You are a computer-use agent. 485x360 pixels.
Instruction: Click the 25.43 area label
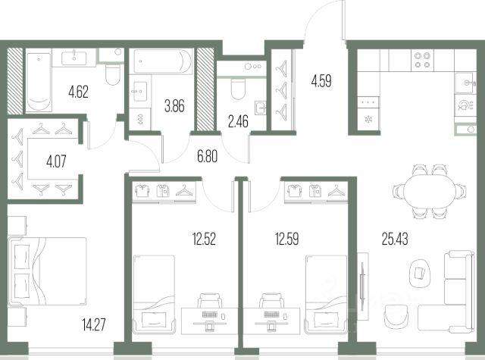395,239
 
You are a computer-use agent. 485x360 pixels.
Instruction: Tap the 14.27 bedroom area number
94,324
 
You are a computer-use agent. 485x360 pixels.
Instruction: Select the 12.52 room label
204,239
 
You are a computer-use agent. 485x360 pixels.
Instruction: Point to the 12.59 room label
286,239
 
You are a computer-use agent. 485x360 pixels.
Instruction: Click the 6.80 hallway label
207,156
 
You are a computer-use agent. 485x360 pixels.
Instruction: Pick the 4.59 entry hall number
321,81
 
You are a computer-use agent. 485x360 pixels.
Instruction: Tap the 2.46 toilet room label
238,121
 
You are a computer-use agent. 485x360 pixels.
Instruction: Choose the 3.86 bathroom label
174,106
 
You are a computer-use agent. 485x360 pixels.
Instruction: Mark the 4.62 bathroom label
79,92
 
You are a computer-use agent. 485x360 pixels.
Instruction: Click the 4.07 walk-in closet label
56,161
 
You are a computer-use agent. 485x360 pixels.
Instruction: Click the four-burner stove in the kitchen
422,60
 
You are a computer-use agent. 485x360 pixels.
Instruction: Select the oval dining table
430,192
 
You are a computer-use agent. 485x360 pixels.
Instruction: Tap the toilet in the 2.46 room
238,88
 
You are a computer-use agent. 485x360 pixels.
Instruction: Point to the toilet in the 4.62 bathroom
113,74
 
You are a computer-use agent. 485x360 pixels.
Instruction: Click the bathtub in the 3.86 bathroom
163,61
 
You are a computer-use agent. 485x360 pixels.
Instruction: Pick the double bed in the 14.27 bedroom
47,271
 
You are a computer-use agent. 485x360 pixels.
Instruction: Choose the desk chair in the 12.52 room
210,300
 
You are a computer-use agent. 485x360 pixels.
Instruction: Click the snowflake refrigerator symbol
368,119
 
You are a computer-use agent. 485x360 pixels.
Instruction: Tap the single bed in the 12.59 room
326,294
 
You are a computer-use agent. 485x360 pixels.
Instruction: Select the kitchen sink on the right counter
465,83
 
